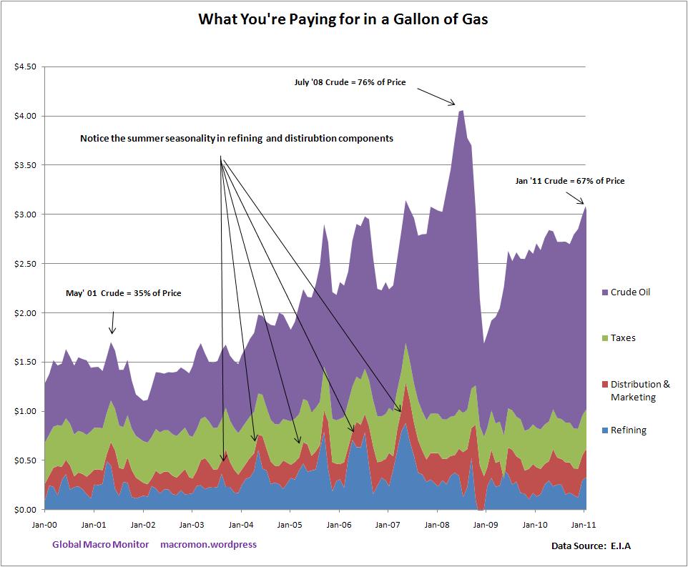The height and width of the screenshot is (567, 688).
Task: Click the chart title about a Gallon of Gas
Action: coord(343,19)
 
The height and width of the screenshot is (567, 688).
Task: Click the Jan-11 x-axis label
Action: coord(584,525)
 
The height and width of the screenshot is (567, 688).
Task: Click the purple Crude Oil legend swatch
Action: coord(605,292)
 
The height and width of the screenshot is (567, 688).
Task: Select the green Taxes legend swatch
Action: coord(605,338)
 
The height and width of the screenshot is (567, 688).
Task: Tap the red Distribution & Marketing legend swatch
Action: coord(605,385)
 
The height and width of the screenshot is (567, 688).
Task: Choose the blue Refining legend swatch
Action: coord(605,430)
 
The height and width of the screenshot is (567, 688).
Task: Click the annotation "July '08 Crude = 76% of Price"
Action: coord(350,82)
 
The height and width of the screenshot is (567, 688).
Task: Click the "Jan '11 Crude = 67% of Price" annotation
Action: coord(569,181)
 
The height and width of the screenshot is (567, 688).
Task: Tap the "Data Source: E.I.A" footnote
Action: coord(591,546)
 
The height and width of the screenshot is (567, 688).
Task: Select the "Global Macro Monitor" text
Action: coord(101,545)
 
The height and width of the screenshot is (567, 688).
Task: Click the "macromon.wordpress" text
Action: coord(209,545)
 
